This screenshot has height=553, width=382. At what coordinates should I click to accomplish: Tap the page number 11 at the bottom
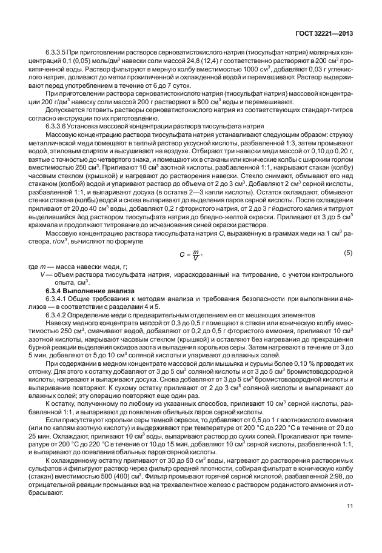click(350, 523)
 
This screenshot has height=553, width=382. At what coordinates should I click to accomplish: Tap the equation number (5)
click(348, 252)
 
